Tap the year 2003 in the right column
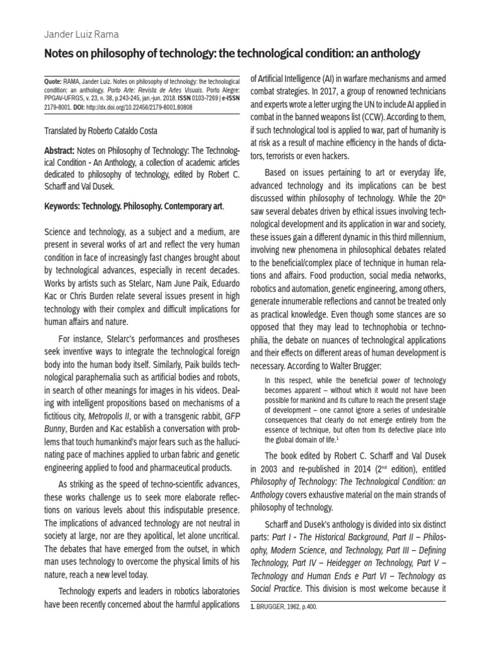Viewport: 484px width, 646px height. pyautogui.click(x=262, y=469)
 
